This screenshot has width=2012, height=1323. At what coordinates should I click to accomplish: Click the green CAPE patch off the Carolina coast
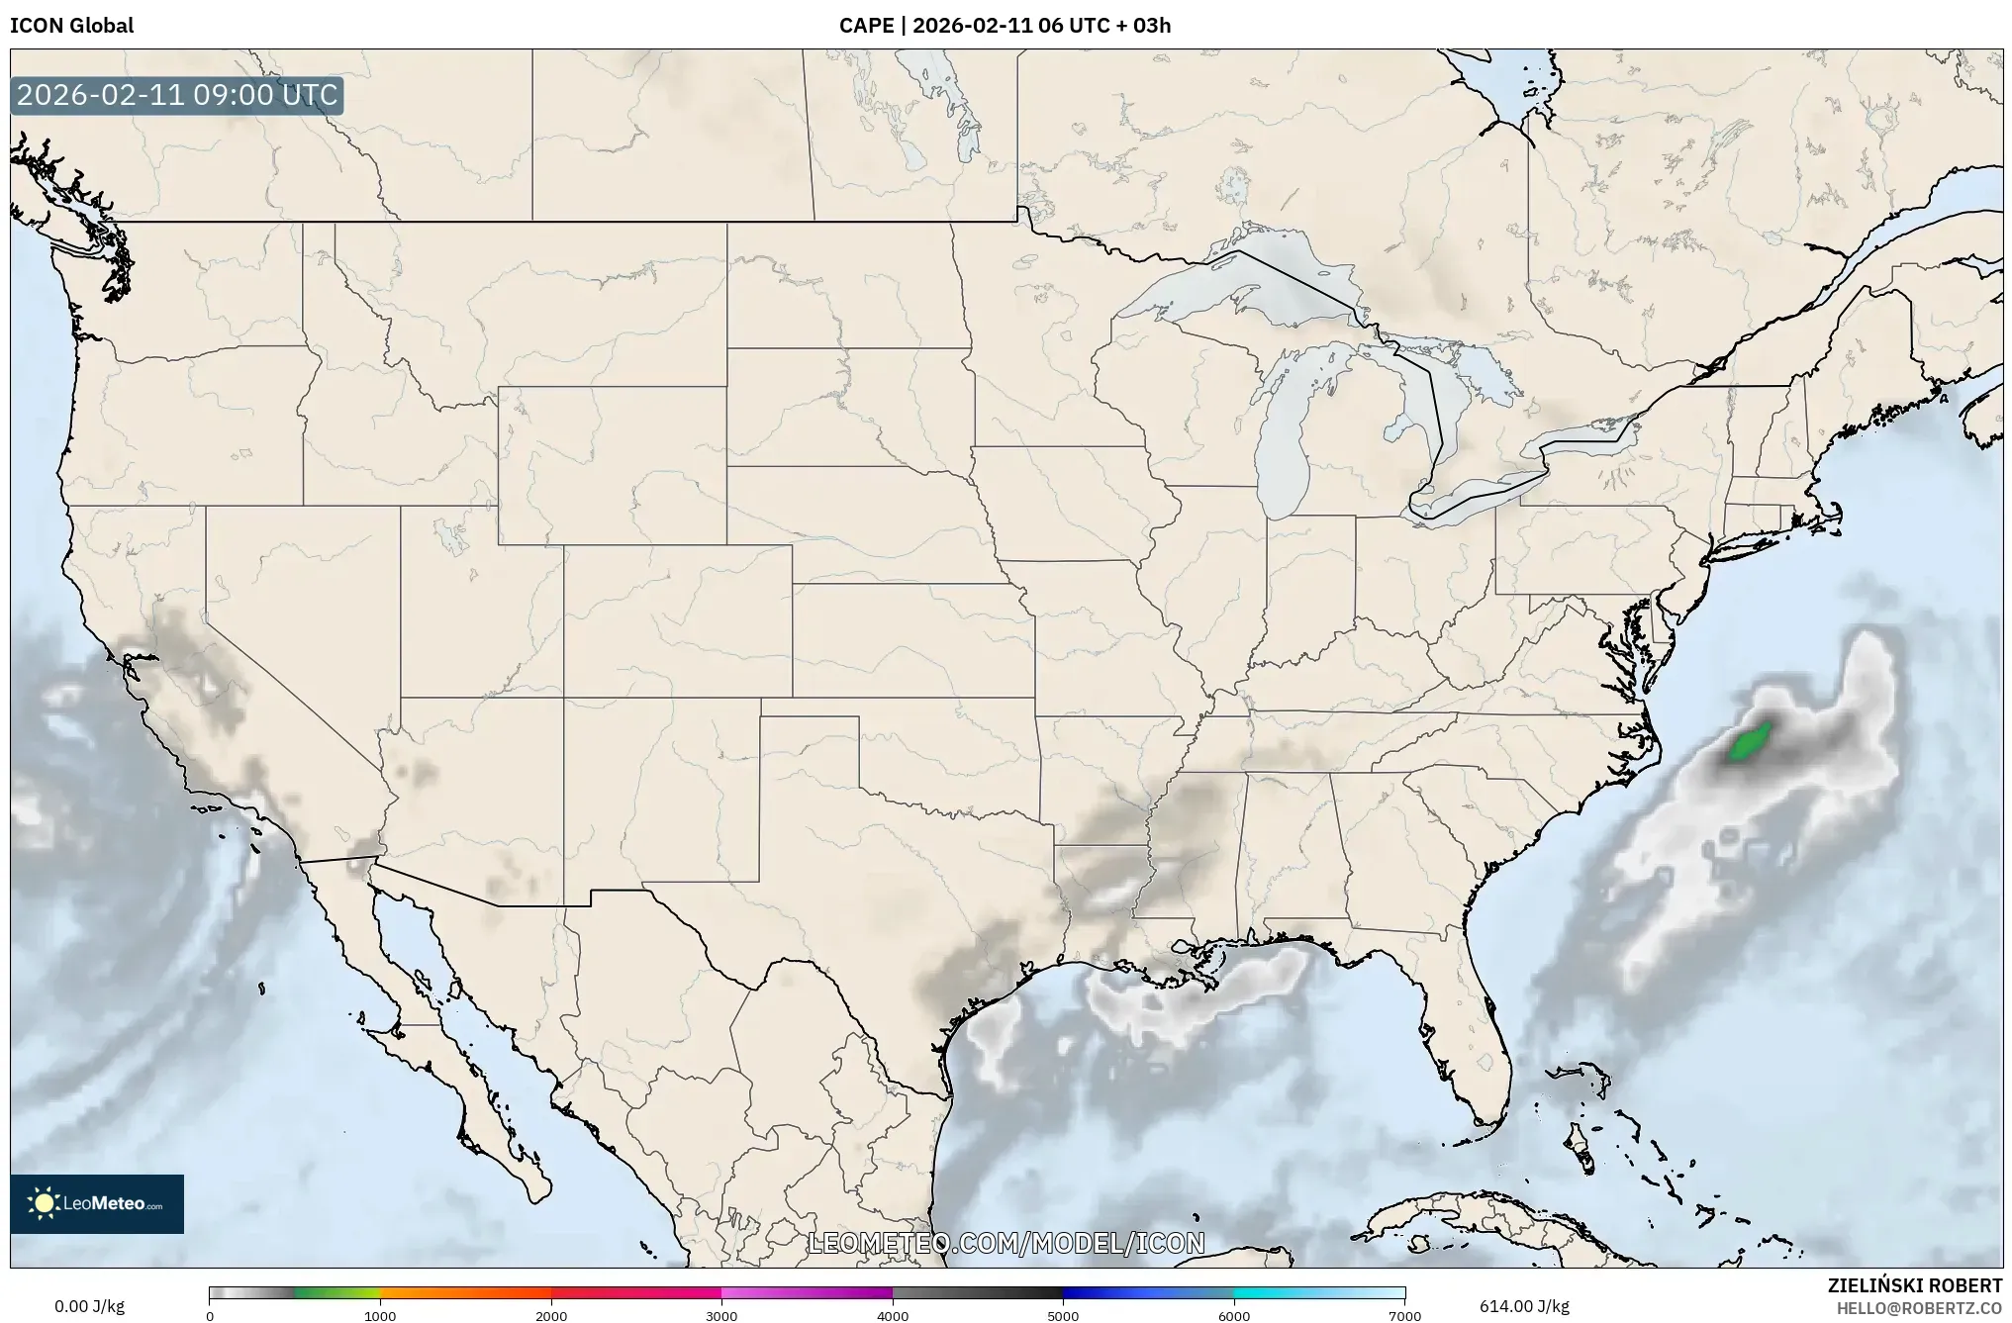pyautogui.click(x=1749, y=742)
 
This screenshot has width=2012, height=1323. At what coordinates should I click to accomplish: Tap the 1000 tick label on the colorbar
pyautogui.click(x=380, y=1316)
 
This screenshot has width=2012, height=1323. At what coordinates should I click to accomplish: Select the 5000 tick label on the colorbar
pyautogui.click(x=1063, y=1316)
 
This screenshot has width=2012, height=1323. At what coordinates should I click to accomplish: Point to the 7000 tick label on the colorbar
pyautogui.click(x=1404, y=1316)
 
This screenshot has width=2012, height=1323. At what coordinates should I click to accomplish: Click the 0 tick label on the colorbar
pyautogui.click(x=210, y=1316)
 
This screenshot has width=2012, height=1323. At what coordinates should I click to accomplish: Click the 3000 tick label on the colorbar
pyautogui.click(x=721, y=1316)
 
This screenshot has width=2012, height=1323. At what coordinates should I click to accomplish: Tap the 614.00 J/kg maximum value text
pyautogui.click(x=1524, y=1306)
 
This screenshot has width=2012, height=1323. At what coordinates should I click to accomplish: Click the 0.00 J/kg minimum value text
pyautogui.click(x=89, y=1306)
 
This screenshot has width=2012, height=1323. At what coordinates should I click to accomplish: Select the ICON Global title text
pyautogui.click(x=71, y=26)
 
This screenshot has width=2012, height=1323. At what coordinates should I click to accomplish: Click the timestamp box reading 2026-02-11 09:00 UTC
pyautogui.click(x=177, y=96)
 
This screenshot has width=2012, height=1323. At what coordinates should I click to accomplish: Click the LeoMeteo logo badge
pyautogui.click(x=97, y=1203)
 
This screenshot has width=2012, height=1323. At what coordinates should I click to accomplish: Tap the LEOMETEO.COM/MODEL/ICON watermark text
pyautogui.click(x=1006, y=1243)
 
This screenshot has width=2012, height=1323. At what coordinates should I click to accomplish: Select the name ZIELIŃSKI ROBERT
pyautogui.click(x=1914, y=1285)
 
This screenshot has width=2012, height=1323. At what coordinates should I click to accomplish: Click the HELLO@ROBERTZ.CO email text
pyautogui.click(x=1919, y=1308)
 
